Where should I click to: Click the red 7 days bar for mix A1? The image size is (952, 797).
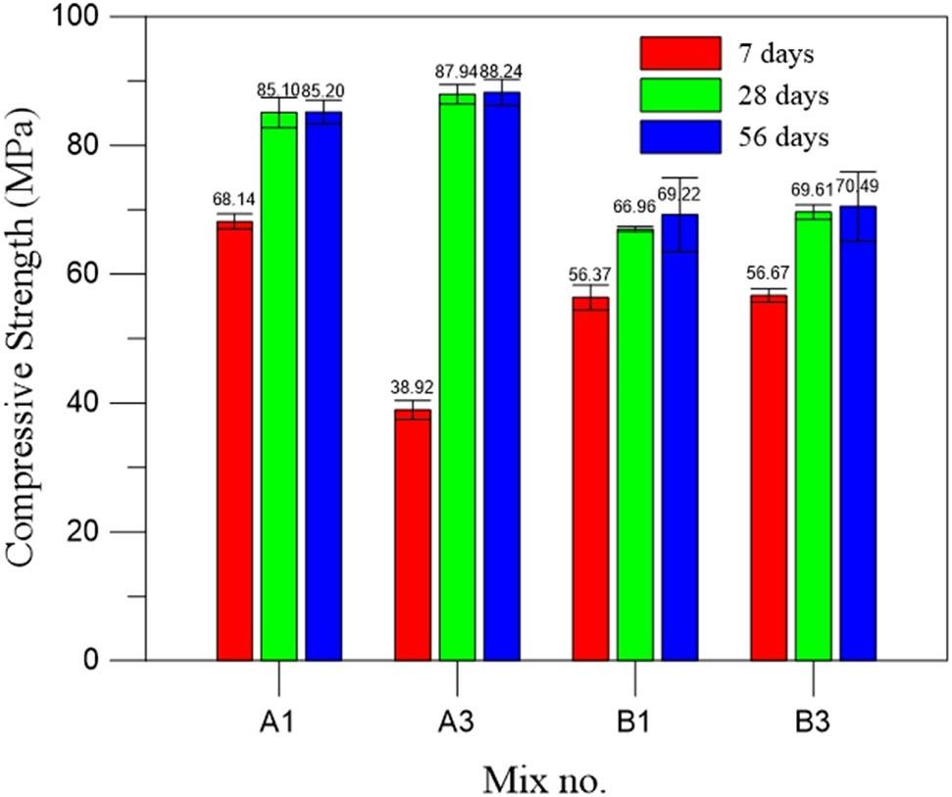click(234, 441)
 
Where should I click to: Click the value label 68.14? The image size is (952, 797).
click(233, 199)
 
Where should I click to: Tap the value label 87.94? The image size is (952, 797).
click(455, 72)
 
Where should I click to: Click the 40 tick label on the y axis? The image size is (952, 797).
click(124, 403)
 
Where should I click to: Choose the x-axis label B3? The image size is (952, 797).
click(813, 723)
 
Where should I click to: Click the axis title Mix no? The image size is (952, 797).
click(544, 778)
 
